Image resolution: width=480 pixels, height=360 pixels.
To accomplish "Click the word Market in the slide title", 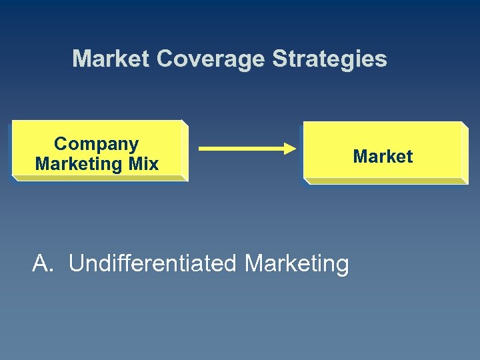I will pos(111,59).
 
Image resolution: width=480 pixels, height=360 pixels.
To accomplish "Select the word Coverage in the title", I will pos(211,59).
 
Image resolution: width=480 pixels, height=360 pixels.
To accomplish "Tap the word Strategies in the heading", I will pos(329,59).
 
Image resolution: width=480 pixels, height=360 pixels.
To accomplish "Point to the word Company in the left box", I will pos(97,144).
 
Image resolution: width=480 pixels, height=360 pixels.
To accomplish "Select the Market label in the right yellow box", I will pos(383,157).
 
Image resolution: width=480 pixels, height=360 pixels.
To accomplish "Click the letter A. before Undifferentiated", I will pos(42,264).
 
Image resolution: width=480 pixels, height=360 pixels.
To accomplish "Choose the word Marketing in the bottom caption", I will pos(297,264).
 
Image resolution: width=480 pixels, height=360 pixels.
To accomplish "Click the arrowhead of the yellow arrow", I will pos(289,148).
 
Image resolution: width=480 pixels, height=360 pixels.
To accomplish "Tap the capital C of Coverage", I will pos(164,59).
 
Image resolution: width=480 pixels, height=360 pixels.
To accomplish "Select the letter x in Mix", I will pos(154,164).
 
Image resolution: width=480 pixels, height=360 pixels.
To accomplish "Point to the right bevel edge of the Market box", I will pos(464,152).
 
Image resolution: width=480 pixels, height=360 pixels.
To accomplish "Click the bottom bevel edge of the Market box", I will pos(385,181).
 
